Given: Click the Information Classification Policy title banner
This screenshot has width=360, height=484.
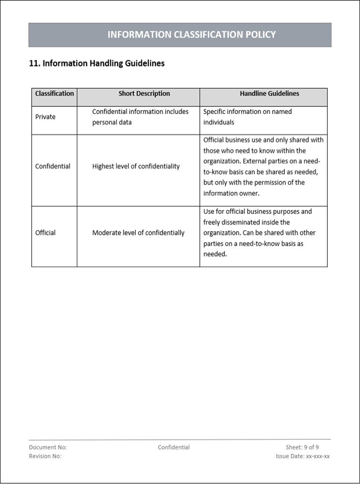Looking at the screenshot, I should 191,35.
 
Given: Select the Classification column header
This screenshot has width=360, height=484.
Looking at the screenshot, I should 55,94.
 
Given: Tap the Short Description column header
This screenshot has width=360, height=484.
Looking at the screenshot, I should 144,94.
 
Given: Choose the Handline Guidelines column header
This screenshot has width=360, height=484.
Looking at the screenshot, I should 269,94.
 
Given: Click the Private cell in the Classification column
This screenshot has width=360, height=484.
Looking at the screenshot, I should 46,117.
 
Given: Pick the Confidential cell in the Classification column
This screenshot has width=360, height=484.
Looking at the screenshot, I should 53,166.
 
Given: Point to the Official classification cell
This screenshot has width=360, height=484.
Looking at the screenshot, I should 46,233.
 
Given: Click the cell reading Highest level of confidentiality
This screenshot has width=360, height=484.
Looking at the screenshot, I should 136,166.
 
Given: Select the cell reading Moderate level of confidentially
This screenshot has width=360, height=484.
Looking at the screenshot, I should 138,233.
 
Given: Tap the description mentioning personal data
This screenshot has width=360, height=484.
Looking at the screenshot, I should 140,117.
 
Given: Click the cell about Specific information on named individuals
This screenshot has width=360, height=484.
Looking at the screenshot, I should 247,117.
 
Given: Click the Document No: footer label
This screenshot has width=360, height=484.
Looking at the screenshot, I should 48,447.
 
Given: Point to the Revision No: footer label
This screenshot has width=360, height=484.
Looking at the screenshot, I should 45,456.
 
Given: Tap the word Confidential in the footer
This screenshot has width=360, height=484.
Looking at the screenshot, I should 174,447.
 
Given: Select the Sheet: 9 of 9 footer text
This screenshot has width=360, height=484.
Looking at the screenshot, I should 302,447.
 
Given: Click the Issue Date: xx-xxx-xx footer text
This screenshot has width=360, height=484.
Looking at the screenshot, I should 302,456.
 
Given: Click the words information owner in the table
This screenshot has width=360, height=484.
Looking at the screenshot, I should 231,194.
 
